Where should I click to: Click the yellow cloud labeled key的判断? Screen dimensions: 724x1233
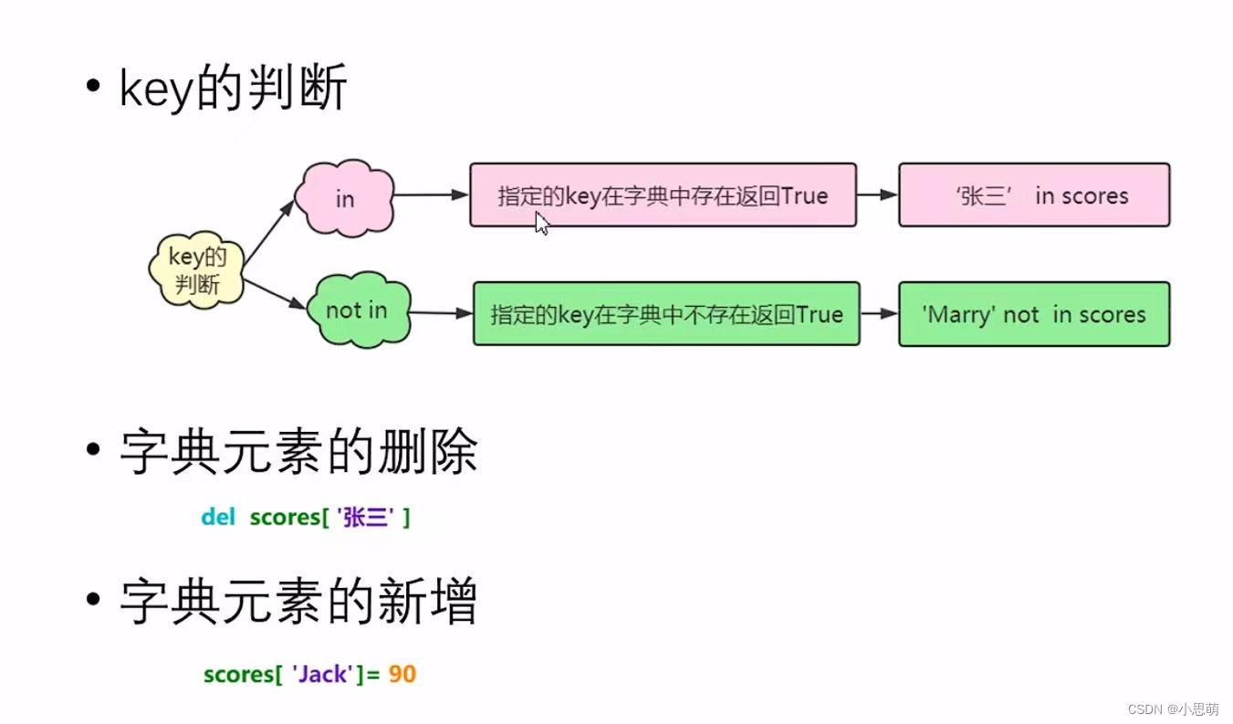coord(197,269)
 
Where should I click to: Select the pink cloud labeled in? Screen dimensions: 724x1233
coord(344,198)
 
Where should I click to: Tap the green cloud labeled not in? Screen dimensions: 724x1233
coord(357,310)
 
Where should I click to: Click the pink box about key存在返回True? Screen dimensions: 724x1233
coord(663,195)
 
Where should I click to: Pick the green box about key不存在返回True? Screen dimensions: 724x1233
coord(666,314)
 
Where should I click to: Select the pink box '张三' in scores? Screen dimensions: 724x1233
coord(1033,195)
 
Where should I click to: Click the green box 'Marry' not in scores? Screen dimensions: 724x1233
coord(1033,314)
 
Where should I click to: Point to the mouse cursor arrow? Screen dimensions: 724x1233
coord(541,224)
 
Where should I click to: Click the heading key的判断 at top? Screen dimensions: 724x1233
coord(233,89)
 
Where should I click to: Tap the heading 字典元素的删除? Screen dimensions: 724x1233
coord(298,452)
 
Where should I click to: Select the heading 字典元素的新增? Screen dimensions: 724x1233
coord(298,603)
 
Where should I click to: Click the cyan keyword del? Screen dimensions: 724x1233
coord(218,517)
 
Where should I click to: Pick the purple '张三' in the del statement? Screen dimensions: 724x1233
coord(365,518)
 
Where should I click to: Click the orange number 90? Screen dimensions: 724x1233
coord(402,675)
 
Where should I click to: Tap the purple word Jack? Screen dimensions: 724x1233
coord(323,675)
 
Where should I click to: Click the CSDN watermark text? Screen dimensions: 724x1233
coord(1172,709)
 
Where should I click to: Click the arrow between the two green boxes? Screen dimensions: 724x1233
coord(879,313)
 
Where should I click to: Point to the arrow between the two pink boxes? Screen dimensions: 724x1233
coord(877,194)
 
